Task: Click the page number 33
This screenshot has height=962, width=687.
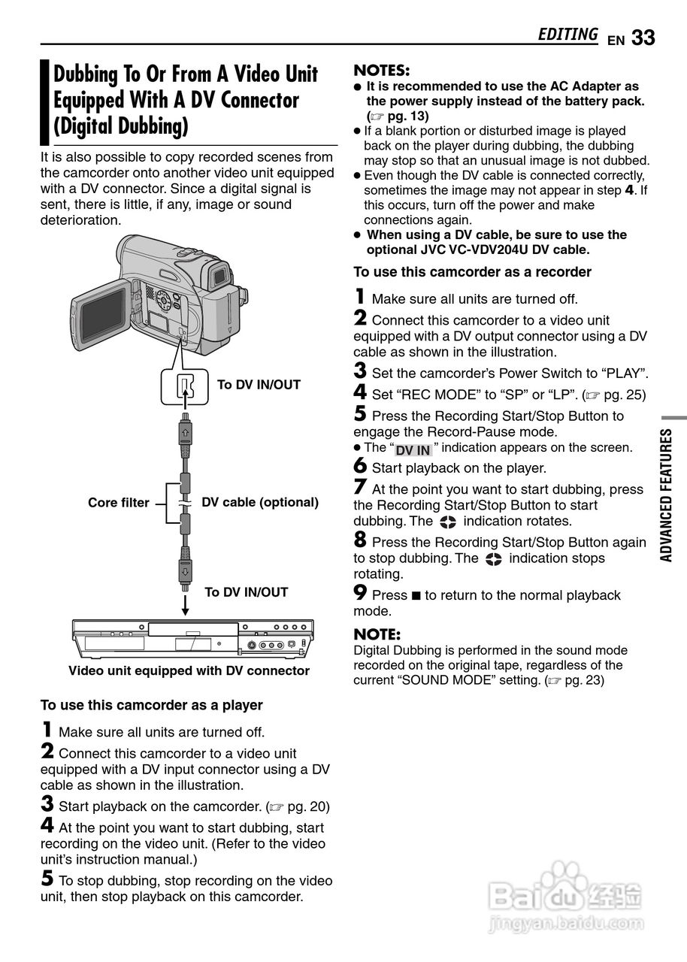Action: point(643,38)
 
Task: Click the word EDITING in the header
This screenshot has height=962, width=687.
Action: point(567,35)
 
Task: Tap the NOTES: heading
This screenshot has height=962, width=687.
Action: point(381,71)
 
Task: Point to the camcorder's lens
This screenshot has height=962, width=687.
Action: point(219,276)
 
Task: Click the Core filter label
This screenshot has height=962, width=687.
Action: point(118,503)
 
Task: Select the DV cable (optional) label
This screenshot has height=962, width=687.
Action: point(260,502)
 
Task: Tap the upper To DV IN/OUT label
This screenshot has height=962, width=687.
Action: point(259,385)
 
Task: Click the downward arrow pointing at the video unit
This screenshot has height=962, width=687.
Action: point(184,604)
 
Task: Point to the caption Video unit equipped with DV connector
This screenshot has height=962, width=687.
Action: point(189,670)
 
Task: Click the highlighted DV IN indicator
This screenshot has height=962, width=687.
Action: point(413,449)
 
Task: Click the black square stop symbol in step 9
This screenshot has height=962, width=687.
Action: point(416,596)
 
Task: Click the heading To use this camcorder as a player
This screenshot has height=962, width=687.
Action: point(151,705)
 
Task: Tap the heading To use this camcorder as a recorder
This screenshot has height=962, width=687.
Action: point(472,272)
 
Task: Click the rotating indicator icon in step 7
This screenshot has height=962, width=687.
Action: point(448,522)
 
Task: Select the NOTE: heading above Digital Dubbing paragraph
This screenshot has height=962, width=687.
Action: point(377,634)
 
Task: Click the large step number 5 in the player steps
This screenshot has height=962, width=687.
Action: point(47,879)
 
